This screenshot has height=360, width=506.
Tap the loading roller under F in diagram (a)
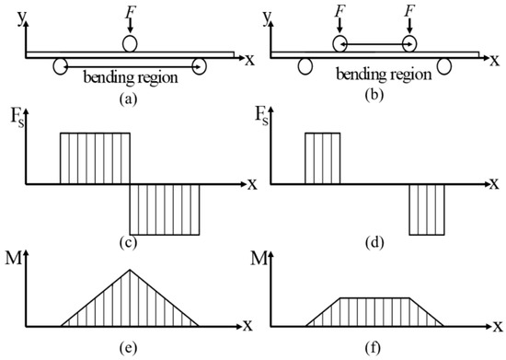(131, 43)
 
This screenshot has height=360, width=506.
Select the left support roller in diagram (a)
(61, 65)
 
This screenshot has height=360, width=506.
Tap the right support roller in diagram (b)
(444, 65)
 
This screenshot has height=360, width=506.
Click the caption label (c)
(131, 243)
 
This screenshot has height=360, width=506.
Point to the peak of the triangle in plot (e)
(131, 270)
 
